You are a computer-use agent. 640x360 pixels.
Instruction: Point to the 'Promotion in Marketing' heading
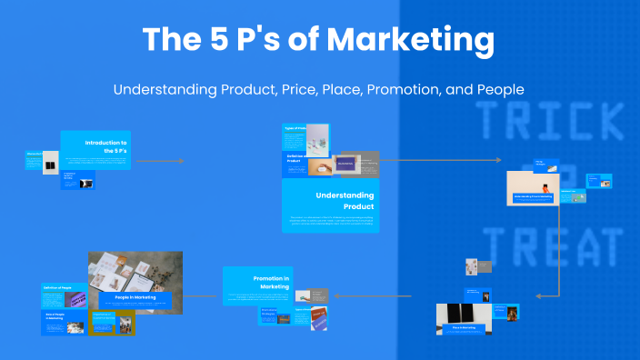point(270,282)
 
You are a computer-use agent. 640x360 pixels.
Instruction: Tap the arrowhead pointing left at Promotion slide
point(335,296)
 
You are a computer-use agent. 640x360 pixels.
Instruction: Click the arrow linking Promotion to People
point(201,296)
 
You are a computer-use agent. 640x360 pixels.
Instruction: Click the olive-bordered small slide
point(112,323)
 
